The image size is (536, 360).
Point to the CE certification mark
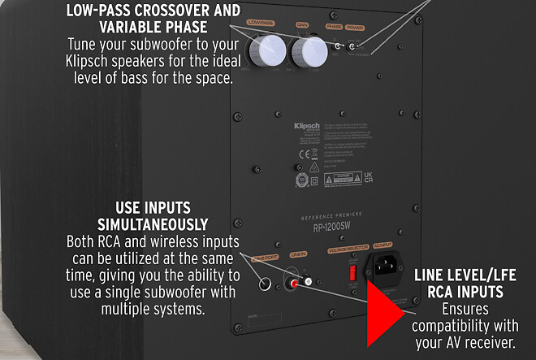[302, 152]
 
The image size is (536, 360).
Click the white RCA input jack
[309, 281]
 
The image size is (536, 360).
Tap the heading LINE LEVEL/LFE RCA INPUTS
[475, 283]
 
